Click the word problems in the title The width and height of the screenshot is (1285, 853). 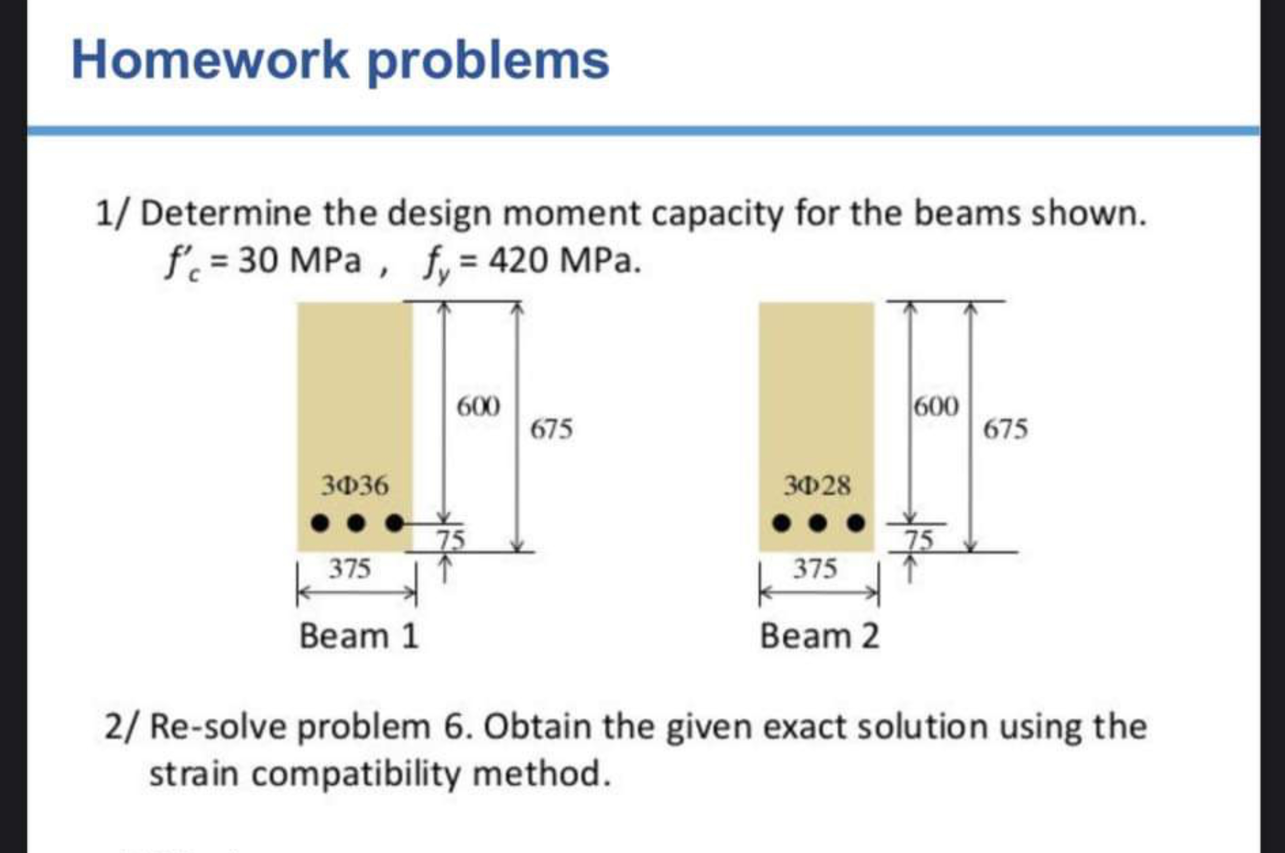tap(488, 62)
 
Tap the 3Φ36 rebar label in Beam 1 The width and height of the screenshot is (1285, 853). tap(355, 485)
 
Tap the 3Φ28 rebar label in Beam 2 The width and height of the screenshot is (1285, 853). tap(816, 485)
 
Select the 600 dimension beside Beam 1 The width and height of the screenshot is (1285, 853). tap(478, 407)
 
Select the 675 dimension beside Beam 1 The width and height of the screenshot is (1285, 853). tap(551, 429)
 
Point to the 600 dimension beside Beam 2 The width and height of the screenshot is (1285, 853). tap(936, 407)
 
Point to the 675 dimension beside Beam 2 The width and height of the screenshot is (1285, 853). tap(1005, 429)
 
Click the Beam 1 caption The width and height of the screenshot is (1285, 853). tap(359, 636)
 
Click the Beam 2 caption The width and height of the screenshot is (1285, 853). tap(819, 636)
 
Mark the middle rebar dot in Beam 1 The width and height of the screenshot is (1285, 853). tap(356, 523)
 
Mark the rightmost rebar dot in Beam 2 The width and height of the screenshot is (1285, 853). tap(856, 523)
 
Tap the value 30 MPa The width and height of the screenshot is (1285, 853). tap(299, 260)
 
